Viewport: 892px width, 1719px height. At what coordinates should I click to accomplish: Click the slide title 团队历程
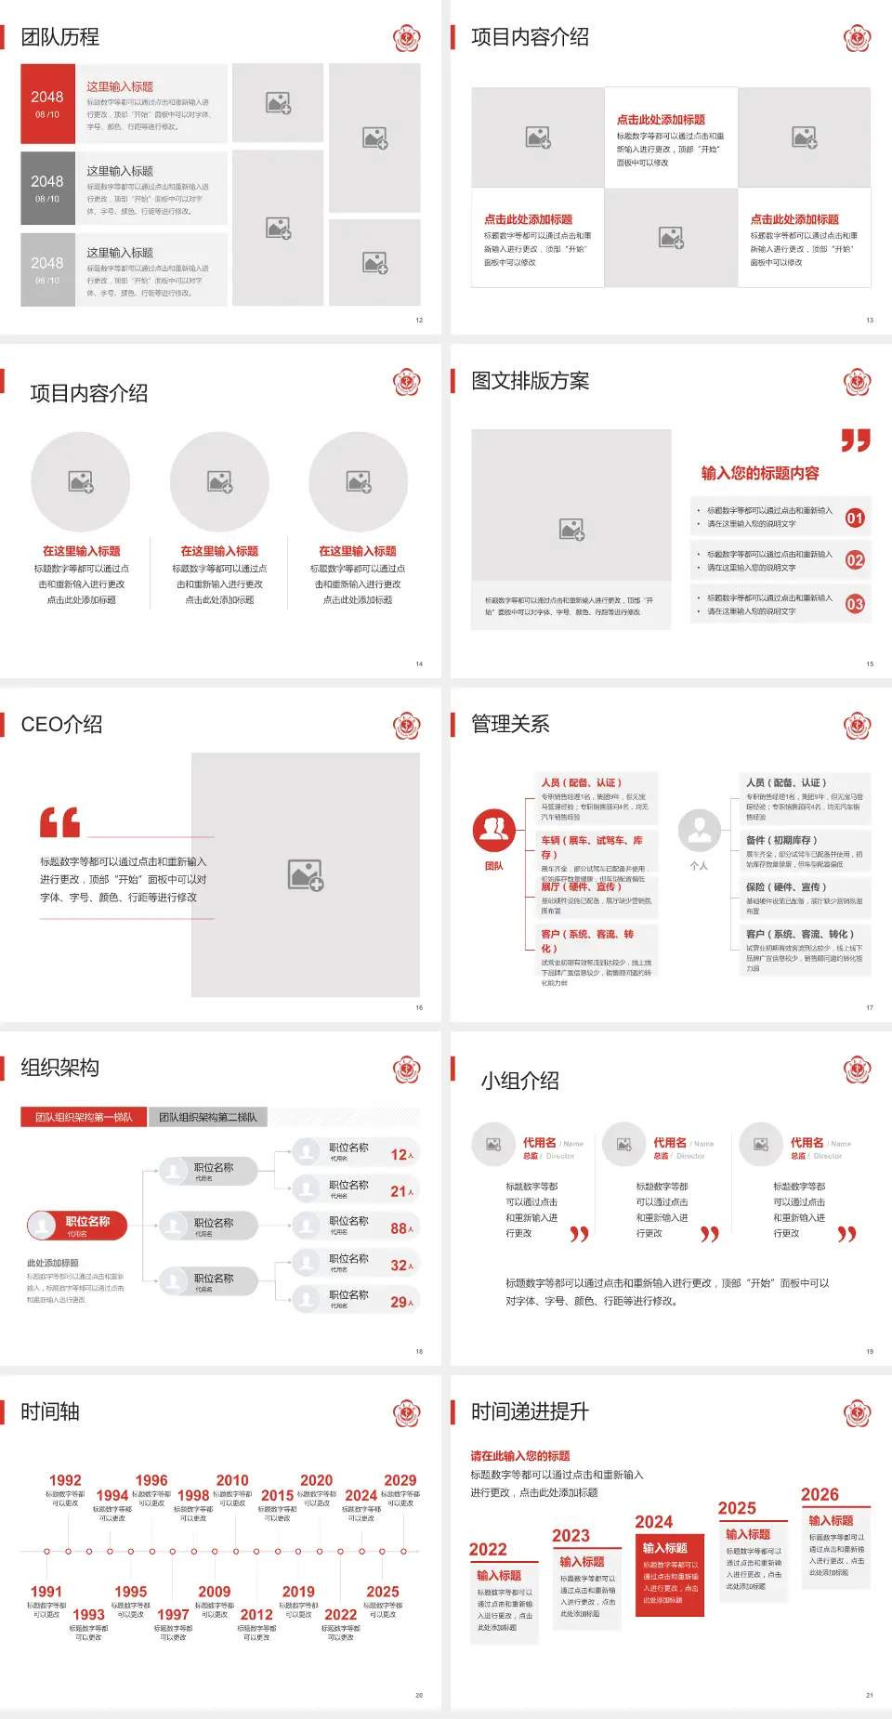pyautogui.click(x=59, y=37)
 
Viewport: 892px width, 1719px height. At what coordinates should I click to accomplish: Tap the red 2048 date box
pyautogui.click(x=47, y=103)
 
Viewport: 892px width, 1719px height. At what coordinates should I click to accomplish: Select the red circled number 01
pyautogui.click(x=855, y=518)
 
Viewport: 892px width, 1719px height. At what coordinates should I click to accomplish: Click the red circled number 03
pyautogui.click(x=855, y=604)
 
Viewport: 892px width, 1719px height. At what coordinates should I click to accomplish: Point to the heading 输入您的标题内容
pyautogui.click(x=760, y=473)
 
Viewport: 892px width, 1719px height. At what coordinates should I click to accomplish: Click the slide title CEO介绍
pyautogui.click(x=61, y=725)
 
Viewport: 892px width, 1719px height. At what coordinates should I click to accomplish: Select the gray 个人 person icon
pyautogui.click(x=699, y=830)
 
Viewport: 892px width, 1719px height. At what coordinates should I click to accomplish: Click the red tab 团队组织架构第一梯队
pyautogui.click(x=84, y=1117)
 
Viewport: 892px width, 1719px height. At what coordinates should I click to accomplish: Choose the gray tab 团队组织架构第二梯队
pyautogui.click(x=207, y=1117)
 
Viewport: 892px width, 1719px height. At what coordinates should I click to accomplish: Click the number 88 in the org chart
pyautogui.click(x=399, y=1228)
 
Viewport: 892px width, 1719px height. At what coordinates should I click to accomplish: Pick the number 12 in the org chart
pyautogui.click(x=399, y=1155)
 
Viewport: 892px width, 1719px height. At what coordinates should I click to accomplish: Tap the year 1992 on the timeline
pyautogui.click(x=65, y=1480)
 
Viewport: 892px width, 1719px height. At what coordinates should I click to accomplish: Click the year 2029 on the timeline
pyautogui.click(x=400, y=1480)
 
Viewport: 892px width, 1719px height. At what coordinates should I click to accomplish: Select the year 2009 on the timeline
pyautogui.click(x=214, y=1592)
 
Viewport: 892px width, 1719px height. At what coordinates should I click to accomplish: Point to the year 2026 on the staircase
pyautogui.click(x=820, y=1494)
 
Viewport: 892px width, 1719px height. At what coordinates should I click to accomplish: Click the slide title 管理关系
pyautogui.click(x=510, y=725)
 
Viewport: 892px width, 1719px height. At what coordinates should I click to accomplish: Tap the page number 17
pyautogui.click(x=870, y=1007)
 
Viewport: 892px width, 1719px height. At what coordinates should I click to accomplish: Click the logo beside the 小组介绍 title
pyautogui.click(x=857, y=1069)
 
